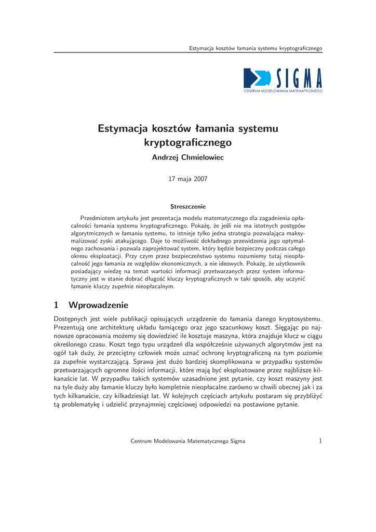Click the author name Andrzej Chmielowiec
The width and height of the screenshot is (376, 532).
point(187,157)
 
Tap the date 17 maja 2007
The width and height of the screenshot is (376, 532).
point(187,179)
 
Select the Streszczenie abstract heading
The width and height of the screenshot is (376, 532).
point(188,207)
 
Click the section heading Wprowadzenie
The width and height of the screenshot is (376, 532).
point(98,304)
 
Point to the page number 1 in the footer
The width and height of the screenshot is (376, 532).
point(320,441)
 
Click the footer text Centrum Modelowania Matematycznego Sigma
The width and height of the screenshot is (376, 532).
point(187,441)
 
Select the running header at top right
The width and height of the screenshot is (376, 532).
point(256,48)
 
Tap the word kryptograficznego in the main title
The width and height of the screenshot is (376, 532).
point(188,142)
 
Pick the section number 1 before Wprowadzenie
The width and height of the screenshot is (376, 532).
point(56,304)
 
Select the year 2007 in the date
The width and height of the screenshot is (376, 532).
point(200,179)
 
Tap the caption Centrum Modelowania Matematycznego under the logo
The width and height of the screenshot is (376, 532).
point(283,91)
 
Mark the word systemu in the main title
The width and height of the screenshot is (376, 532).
point(258,128)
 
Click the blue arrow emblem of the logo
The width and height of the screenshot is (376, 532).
point(256,78)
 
